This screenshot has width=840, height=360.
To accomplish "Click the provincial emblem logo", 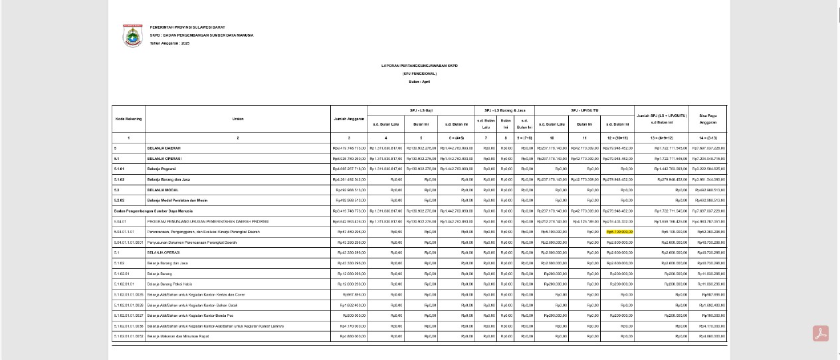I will (132, 36).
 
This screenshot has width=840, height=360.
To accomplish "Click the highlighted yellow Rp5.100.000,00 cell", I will (619, 232).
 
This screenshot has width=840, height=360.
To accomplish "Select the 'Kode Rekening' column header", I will (129, 119).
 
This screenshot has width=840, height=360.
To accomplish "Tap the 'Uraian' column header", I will (238, 119).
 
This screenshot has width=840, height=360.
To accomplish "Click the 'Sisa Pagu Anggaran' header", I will (708, 119).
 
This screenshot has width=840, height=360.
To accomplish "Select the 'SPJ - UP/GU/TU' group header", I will (585, 110).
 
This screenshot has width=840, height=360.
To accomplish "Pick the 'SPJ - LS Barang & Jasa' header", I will (505, 110).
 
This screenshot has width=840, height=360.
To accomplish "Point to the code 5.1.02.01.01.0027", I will (129, 315).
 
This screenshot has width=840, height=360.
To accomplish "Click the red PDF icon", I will (820, 333).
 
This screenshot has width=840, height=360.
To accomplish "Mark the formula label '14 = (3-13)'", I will (708, 137).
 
